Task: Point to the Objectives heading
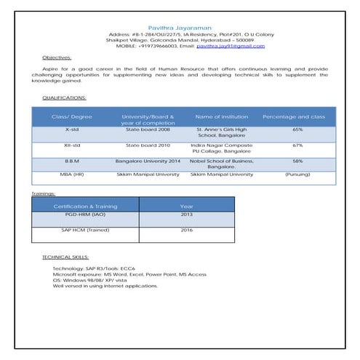pos(57,57)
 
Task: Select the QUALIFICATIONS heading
pos(64,97)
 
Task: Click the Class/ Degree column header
pos(72,116)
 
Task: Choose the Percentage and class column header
pos(294,116)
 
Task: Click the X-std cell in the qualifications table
pos(72,129)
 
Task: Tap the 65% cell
pos(297,129)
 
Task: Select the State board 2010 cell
pos(148,145)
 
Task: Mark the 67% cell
pos(297,145)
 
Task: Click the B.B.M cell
pos(72,160)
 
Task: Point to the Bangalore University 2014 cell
pos(148,160)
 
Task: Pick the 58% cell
pos(297,160)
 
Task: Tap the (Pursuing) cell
pos(297,175)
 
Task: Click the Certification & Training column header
pos(85,206)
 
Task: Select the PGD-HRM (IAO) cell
pos(85,215)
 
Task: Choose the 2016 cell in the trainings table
pos(187,230)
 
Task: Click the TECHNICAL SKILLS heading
pos(65,257)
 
